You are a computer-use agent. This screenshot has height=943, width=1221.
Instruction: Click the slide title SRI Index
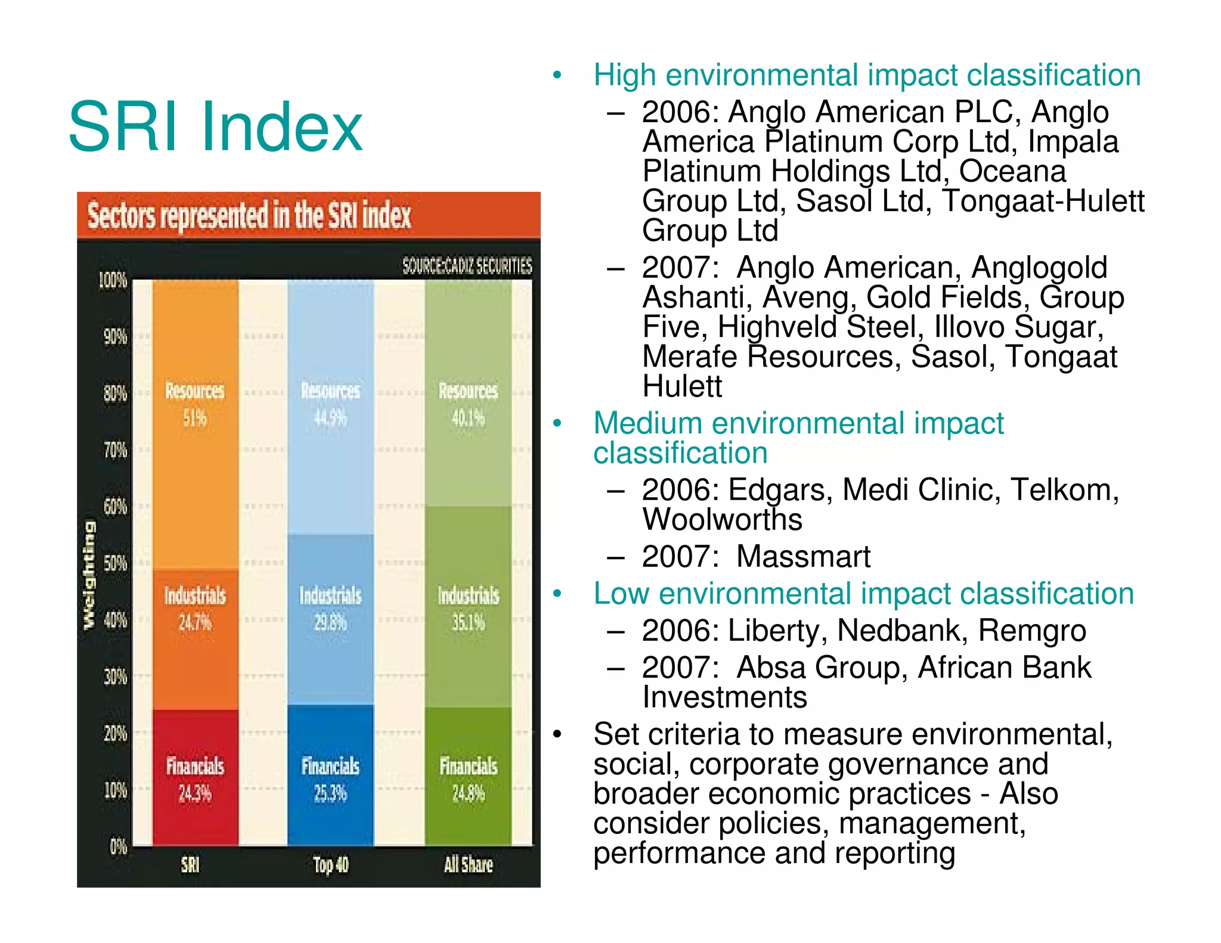215,126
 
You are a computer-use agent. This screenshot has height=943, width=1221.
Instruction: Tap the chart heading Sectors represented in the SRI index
249,216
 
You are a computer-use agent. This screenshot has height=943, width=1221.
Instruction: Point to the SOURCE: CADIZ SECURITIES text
467,266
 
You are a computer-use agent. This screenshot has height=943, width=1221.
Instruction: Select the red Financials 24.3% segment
195,777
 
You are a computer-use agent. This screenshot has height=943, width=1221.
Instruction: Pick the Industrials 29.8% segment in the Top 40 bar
330,608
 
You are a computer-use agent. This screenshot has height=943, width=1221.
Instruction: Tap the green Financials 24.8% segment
468,777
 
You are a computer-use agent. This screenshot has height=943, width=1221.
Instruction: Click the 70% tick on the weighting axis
115,450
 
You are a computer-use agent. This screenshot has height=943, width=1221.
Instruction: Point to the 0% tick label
118,846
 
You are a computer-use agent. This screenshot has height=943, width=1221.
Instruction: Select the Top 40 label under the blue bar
331,865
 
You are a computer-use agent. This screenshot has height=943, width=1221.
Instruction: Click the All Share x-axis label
468,865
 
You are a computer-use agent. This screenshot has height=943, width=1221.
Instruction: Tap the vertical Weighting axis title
89,575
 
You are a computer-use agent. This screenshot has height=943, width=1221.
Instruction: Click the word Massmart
802,557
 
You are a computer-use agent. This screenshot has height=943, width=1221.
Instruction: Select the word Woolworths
722,520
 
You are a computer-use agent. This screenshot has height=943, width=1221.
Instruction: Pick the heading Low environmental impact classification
863,594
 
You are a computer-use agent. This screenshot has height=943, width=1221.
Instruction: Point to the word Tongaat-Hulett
1043,201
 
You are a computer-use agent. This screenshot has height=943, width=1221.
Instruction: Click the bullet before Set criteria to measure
557,734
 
